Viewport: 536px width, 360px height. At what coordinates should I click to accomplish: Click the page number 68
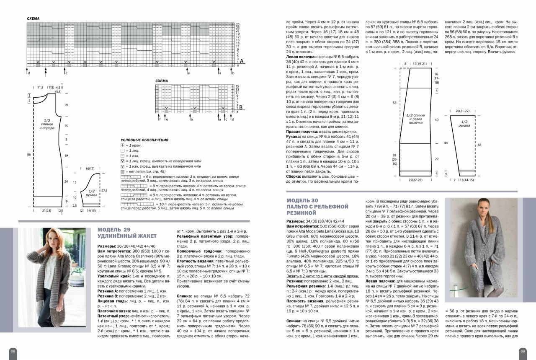(13, 351)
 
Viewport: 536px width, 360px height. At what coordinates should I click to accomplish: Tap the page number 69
(523, 351)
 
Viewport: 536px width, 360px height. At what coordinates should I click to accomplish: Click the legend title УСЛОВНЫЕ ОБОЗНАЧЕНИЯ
(144, 140)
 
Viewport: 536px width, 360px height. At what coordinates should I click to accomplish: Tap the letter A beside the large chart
(242, 62)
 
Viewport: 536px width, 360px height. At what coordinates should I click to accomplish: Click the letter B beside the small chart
(241, 108)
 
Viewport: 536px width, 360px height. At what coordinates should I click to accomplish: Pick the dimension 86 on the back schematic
(29, 155)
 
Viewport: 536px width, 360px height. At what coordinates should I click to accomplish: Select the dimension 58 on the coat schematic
(395, 102)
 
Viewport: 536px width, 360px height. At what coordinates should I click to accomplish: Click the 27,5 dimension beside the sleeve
(104, 190)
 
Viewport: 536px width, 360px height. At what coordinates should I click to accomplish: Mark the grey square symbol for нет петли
(122, 172)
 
